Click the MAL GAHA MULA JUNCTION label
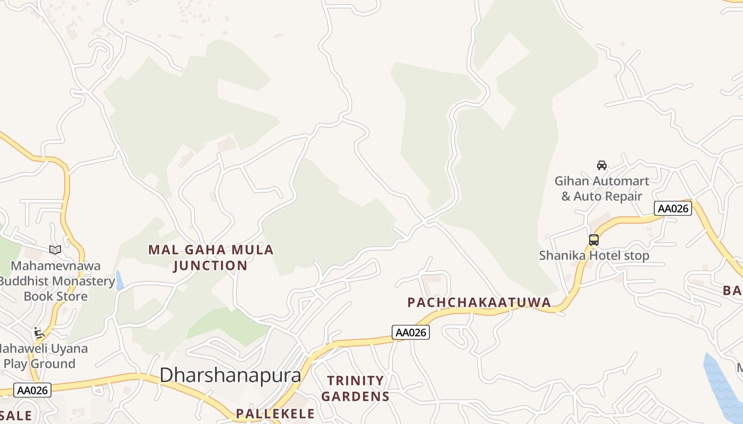(211, 257)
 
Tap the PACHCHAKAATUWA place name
(479, 302)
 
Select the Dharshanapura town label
(230, 375)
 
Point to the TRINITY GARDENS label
(356, 388)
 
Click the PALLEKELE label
(275, 413)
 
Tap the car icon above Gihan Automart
(601, 165)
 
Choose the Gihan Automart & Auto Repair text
(601, 189)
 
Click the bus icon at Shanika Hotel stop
(593, 240)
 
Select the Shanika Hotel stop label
(594, 255)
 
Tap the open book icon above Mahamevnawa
(55, 250)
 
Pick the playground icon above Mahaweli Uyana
(39, 333)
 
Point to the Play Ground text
(39, 364)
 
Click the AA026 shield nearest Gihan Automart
(672, 208)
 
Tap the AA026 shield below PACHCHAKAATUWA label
(410, 332)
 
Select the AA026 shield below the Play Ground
(32, 391)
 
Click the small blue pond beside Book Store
(119, 280)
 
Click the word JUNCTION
(211, 265)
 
